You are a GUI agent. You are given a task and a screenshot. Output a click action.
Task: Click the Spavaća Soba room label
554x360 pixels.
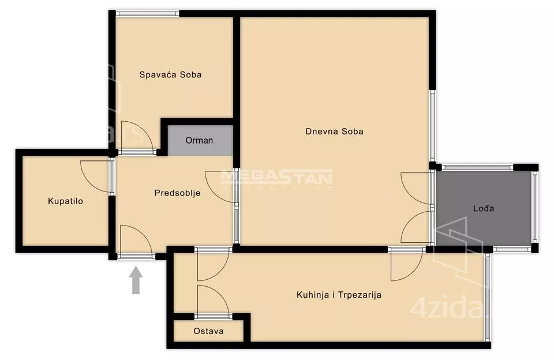tap(170, 74)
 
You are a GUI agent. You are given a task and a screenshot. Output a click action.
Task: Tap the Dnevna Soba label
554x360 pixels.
tap(334, 132)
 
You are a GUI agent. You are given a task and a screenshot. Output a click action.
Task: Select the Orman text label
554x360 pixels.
tap(199, 140)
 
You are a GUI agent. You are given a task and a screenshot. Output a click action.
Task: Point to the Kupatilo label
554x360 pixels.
tap(65, 201)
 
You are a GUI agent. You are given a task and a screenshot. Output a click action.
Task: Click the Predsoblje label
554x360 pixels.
tap(177, 193)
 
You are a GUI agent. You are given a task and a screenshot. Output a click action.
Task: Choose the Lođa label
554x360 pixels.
tap(484, 208)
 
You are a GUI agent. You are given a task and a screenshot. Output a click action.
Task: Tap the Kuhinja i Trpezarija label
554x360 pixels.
tap(339, 295)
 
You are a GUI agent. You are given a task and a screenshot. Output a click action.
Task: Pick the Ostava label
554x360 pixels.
tap(208, 331)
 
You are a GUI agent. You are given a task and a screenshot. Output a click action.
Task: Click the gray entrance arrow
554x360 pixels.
tap(136, 280)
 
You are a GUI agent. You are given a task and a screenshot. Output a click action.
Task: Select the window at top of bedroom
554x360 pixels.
tap(148, 14)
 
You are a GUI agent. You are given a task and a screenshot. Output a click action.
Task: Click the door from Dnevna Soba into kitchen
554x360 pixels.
tap(406, 264)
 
